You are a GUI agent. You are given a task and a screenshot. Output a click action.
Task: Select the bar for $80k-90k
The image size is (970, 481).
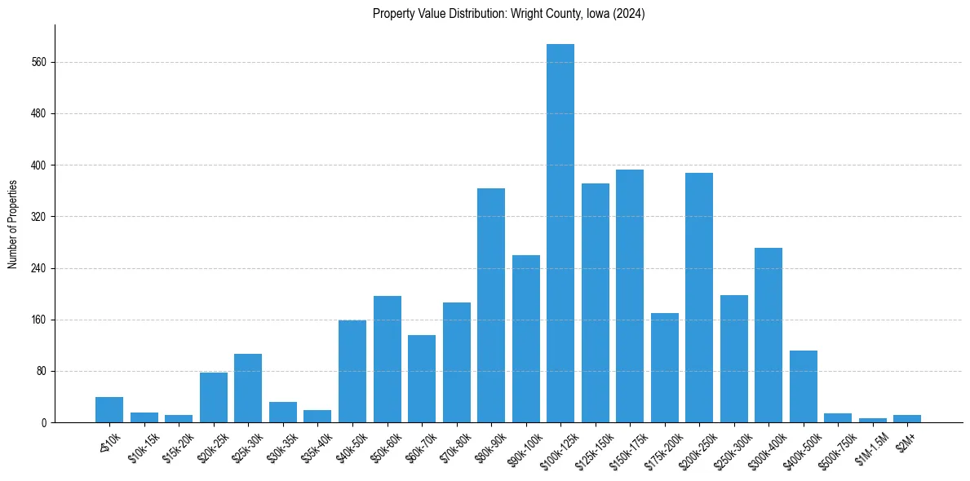point(491,306)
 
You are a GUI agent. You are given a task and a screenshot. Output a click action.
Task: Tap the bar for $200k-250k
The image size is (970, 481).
point(699,298)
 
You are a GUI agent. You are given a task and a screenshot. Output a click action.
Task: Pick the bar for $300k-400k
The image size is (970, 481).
point(768,335)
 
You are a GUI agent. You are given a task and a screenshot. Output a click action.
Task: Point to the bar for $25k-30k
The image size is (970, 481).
point(248,388)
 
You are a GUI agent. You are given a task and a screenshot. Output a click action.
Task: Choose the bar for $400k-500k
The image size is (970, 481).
point(804,386)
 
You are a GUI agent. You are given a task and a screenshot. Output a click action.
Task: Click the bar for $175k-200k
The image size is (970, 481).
point(665,368)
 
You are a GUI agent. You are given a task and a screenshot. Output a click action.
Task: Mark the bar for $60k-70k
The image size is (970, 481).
point(422,379)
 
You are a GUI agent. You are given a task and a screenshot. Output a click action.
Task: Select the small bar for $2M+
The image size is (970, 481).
point(907,419)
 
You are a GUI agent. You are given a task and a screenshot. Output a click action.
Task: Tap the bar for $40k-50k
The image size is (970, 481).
point(352,372)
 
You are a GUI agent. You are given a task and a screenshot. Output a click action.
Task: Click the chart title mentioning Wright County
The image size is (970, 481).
point(508,14)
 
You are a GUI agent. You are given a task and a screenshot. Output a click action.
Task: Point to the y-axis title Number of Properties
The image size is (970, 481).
point(12,224)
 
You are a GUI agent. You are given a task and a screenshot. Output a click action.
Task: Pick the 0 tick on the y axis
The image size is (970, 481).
point(45,422)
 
